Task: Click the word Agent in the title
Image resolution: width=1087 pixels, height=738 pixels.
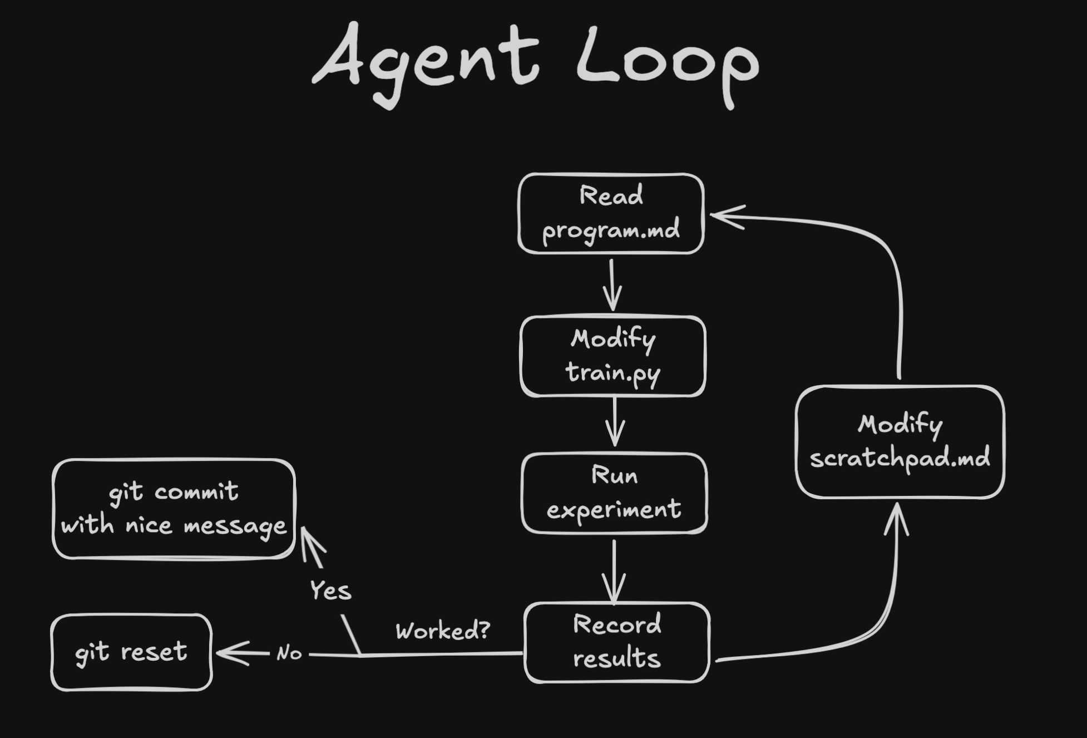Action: pyautogui.click(x=426, y=61)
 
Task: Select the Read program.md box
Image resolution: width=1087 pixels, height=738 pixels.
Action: pyautogui.click(x=611, y=214)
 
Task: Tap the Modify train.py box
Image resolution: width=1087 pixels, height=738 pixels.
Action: pyautogui.click(x=613, y=356)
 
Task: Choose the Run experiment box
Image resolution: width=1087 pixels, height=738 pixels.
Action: pyautogui.click(x=614, y=493)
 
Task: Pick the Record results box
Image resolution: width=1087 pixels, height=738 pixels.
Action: pyautogui.click(x=617, y=642)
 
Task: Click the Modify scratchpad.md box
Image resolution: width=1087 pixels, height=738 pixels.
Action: pyautogui.click(x=900, y=441)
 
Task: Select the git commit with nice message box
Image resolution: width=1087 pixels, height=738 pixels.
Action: pyautogui.click(x=174, y=509)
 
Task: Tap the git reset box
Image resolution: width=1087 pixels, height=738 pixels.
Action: pyautogui.click(x=131, y=652)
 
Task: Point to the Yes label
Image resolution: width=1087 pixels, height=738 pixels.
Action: pyautogui.click(x=330, y=591)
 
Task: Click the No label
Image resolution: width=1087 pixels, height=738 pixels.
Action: pyautogui.click(x=289, y=653)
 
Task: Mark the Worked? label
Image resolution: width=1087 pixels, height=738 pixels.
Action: pyautogui.click(x=443, y=631)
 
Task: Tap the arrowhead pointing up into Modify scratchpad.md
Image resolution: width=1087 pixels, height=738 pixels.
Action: pyautogui.click(x=897, y=518)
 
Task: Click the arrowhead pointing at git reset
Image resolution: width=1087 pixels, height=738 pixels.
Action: pyautogui.click(x=231, y=653)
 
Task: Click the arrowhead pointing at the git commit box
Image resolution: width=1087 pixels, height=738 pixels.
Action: pyautogui.click(x=310, y=543)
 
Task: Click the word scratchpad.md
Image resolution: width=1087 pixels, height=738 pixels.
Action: pyautogui.click(x=900, y=459)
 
